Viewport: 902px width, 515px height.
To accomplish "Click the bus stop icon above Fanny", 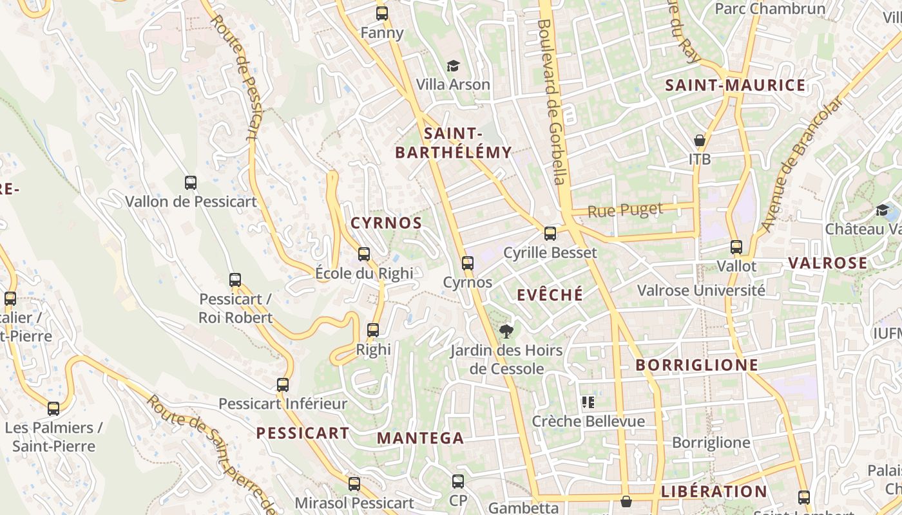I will tap(382, 13).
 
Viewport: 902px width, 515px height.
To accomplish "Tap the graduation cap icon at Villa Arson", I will tap(454, 66).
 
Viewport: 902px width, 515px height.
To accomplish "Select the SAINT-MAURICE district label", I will tap(735, 86).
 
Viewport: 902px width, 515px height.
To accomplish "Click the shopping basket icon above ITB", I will tap(700, 140).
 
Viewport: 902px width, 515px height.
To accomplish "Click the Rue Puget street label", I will tap(625, 210).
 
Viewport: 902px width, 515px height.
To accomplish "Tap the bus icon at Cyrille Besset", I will tap(550, 233).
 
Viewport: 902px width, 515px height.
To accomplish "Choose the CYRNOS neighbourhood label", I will tap(386, 223).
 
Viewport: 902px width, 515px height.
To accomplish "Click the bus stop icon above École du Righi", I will tap(364, 254).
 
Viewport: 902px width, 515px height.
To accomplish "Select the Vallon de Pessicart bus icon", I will tap(191, 182).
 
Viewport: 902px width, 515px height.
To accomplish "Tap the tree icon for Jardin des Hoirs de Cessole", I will tap(506, 332).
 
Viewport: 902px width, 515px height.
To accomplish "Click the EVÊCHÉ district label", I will tap(550, 295).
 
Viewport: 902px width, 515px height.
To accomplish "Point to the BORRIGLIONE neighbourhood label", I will tap(696, 365).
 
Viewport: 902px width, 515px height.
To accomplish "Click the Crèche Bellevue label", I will tap(588, 421).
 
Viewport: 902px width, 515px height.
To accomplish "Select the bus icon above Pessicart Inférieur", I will tap(283, 385).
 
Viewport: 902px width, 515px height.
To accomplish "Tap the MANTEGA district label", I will tap(420, 438).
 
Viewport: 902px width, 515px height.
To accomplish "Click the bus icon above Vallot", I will tap(736, 247).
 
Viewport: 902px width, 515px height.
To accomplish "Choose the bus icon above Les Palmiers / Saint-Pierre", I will tap(53, 408).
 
